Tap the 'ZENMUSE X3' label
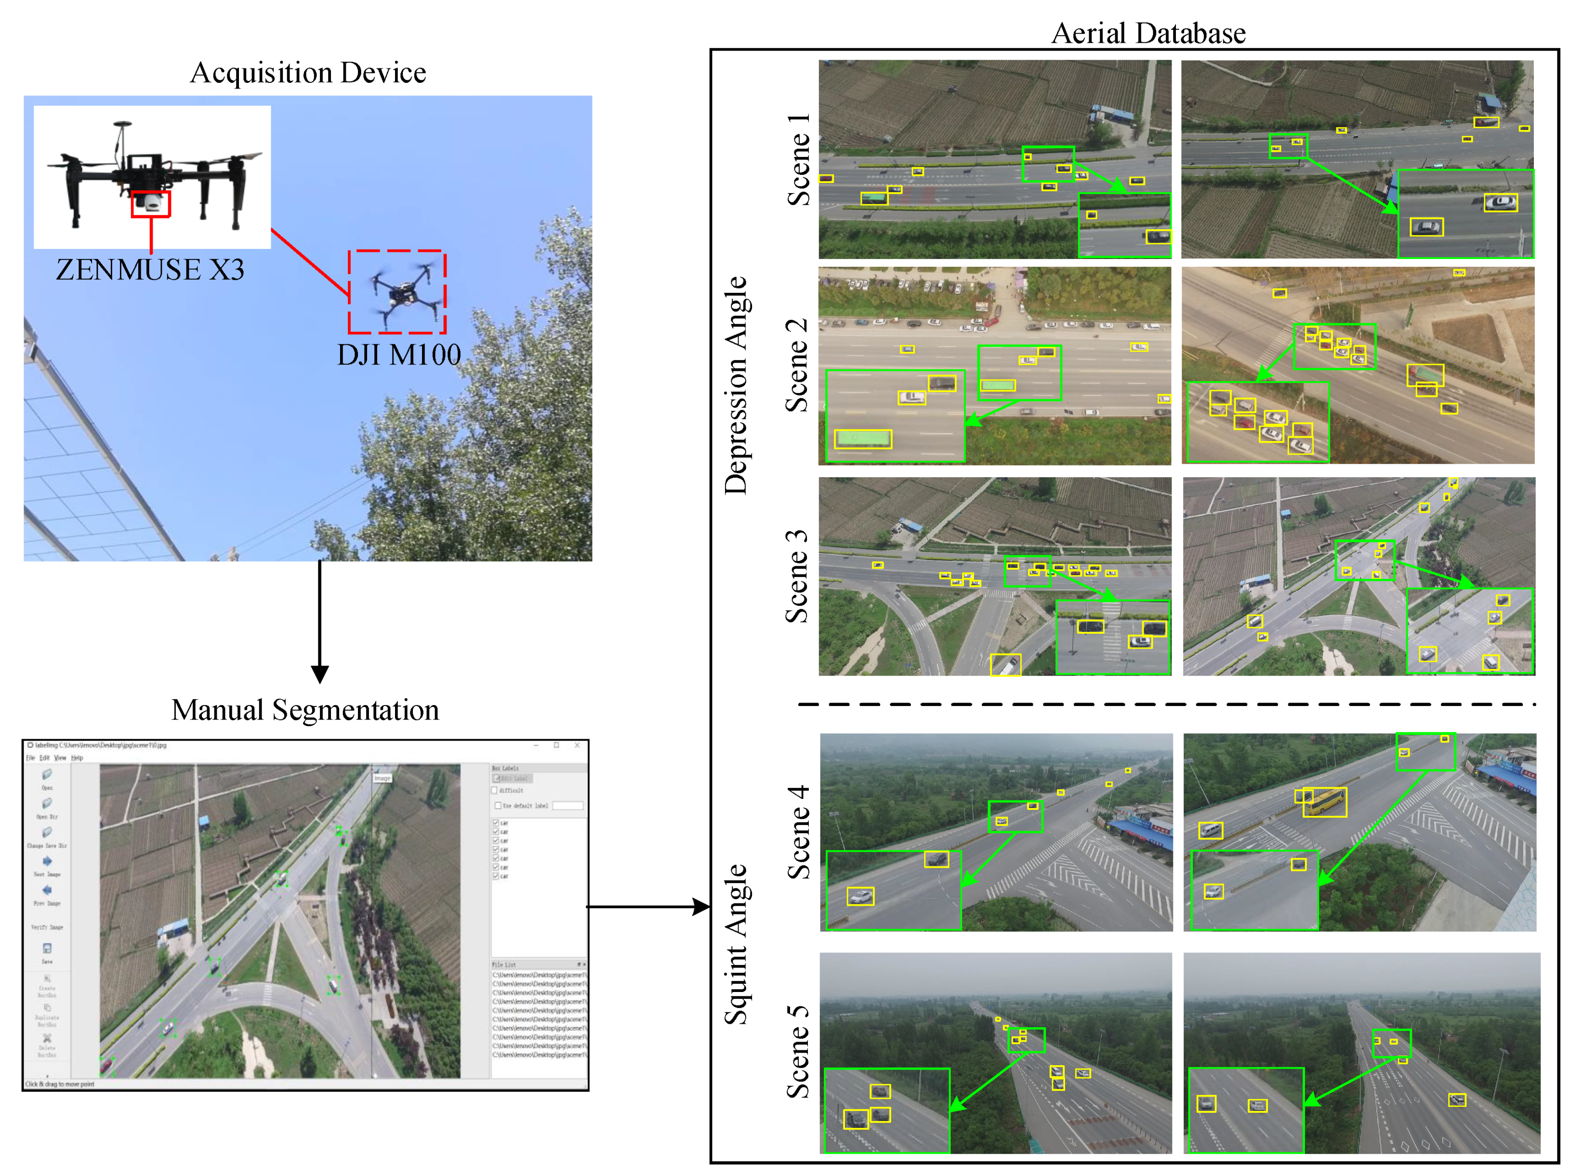[150, 270]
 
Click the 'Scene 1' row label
[798, 160]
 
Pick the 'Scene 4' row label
[798, 832]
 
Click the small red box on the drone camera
[150, 204]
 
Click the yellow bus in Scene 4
[1324, 802]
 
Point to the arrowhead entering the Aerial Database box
[701, 906]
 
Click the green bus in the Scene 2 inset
[862, 439]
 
